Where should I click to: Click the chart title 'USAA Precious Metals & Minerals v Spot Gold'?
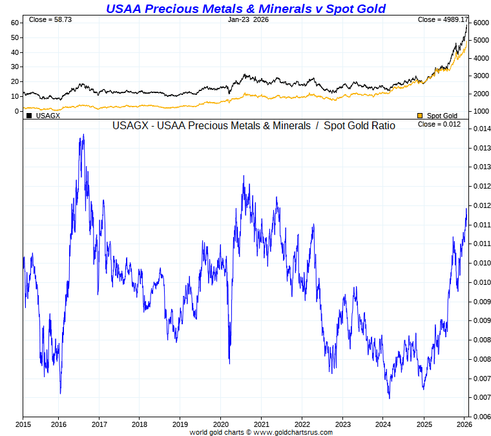[x=245, y=8]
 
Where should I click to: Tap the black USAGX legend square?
[x=29, y=116]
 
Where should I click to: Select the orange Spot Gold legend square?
[x=420, y=116]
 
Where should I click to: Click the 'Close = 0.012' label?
[x=439, y=124]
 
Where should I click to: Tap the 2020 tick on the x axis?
[x=221, y=424]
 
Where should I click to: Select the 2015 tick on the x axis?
[x=23, y=424]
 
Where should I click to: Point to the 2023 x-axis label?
[x=343, y=424]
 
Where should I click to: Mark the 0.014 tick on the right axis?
[x=480, y=129]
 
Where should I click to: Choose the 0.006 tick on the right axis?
[x=480, y=417]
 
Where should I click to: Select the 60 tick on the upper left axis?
[x=14, y=23]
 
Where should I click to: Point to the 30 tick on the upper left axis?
[x=14, y=67]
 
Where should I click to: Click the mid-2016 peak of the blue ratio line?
[x=83, y=135]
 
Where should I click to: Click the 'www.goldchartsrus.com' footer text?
[x=294, y=432]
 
